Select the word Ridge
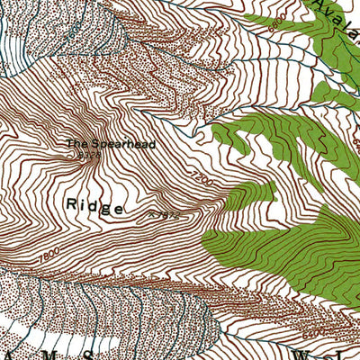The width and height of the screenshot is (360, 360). [x=94, y=205]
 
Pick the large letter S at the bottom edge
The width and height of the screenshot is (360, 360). [x=107, y=352]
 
